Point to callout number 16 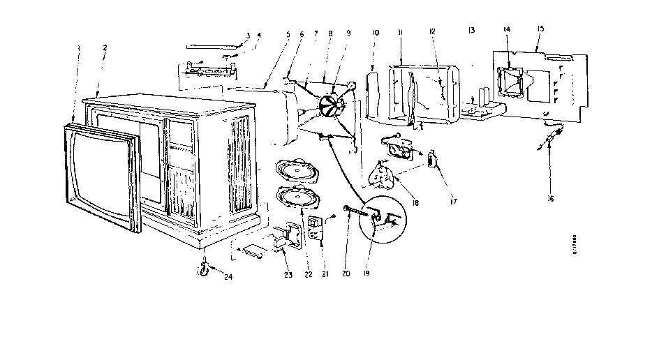coord(549,198)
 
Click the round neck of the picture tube coord(332,105)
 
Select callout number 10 coord(376,32)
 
